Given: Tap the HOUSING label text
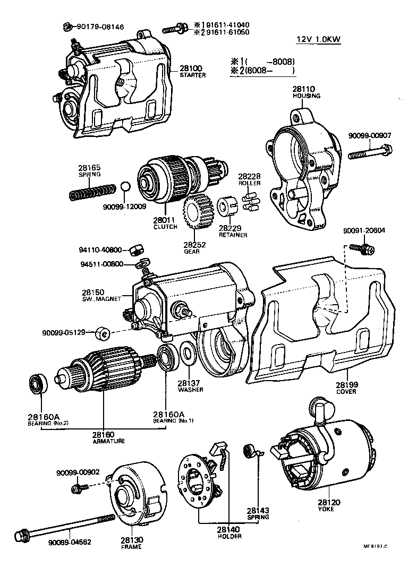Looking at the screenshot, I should click(307, 96).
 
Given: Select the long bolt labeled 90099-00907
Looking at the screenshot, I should click(370, 154).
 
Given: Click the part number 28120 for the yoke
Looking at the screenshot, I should click(329, 502).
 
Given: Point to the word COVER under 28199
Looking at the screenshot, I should click(346, 392).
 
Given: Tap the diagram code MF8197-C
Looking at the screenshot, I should click(376, 546).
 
